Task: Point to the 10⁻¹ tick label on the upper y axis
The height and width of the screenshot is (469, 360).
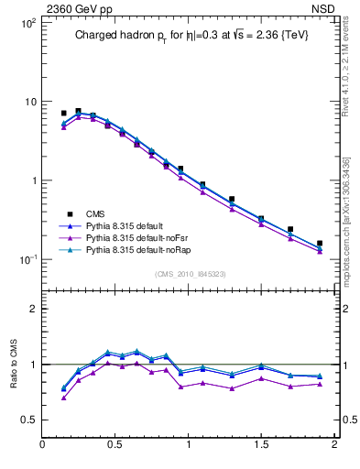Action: pos(25,260)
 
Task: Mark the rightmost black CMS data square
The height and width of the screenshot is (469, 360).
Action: pos(320,244)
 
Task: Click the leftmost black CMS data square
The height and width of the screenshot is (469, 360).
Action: pos(63,113)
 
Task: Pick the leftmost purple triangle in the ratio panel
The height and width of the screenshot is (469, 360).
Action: pos(63,398)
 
